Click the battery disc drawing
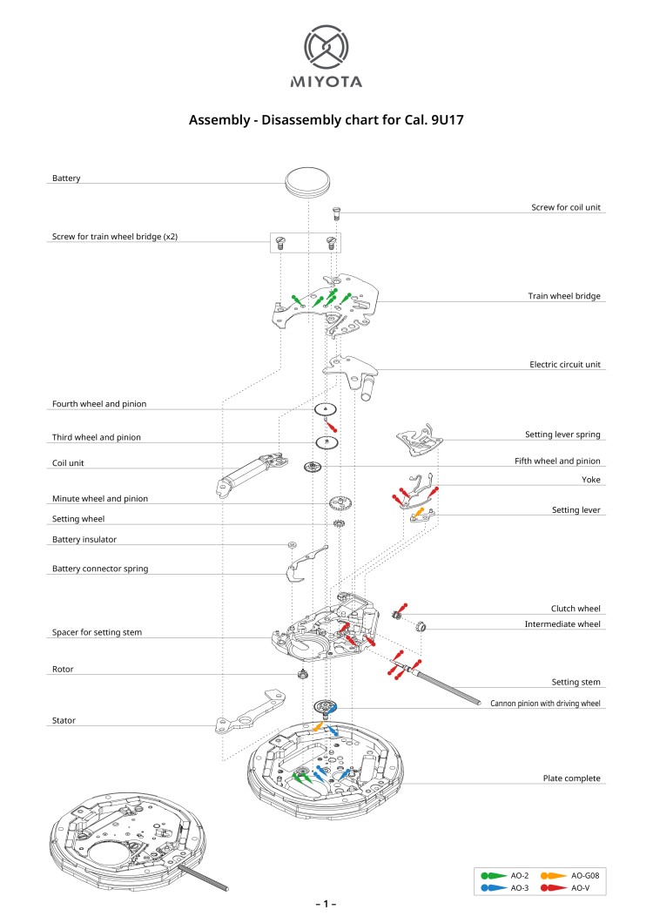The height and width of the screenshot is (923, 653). pos(308,182)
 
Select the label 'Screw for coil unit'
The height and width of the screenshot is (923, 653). pos(566,208)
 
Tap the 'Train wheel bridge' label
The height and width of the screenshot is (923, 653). pos(564,296)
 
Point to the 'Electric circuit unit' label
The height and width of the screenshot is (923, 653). pos(565,365)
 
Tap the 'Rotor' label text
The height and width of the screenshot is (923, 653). pos(63,670)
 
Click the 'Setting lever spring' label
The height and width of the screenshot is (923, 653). pos(562,434)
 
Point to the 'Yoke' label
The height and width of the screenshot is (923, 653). pos(590,480)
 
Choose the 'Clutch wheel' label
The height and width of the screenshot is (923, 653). pos(576,609)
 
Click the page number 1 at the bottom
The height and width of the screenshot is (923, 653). pos(326,904)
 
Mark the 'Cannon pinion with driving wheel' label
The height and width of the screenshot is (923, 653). pos(545,703)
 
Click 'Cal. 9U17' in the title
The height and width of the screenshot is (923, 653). pos(427,120)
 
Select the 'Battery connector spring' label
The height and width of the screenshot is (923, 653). pos(100,569)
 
